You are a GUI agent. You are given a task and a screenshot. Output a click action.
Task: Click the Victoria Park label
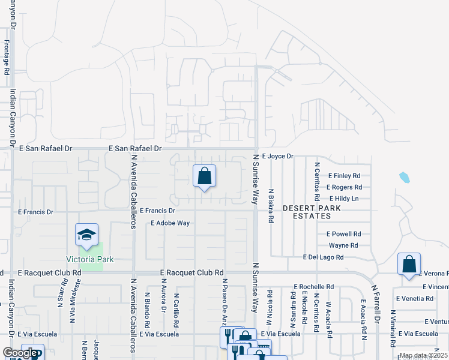click(x=90, y=259)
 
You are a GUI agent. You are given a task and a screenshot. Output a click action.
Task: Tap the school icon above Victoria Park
click(x=87, y=235)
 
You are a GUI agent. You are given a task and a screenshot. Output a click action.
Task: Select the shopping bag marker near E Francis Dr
click(x=204, y=176)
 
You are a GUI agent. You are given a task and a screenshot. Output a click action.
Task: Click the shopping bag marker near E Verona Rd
click(x=409, y=264)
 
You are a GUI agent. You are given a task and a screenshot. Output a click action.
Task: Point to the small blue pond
click(x=405, y=177)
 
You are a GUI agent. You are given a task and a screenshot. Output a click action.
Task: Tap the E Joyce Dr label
click(x=277, y=156)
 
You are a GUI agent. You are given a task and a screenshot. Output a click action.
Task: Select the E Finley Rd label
click(x=344, y=176)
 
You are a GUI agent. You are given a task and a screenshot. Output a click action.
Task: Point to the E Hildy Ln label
click(x=344, y=199)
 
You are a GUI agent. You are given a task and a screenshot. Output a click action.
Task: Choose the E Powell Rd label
click(x=343, y=234)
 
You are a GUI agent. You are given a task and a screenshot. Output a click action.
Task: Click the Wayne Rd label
click(x=343, y=245)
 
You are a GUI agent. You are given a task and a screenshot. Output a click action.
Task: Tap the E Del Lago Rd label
click(x=324, y=257)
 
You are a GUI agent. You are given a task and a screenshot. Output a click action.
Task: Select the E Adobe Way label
click(x=170, y=223)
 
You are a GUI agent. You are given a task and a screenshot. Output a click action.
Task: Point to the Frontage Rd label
click(x=7, y=57)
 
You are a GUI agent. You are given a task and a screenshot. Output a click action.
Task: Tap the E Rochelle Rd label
click(x=313, y=286)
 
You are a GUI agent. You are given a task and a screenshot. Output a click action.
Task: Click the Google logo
click(x=20, y=353)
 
